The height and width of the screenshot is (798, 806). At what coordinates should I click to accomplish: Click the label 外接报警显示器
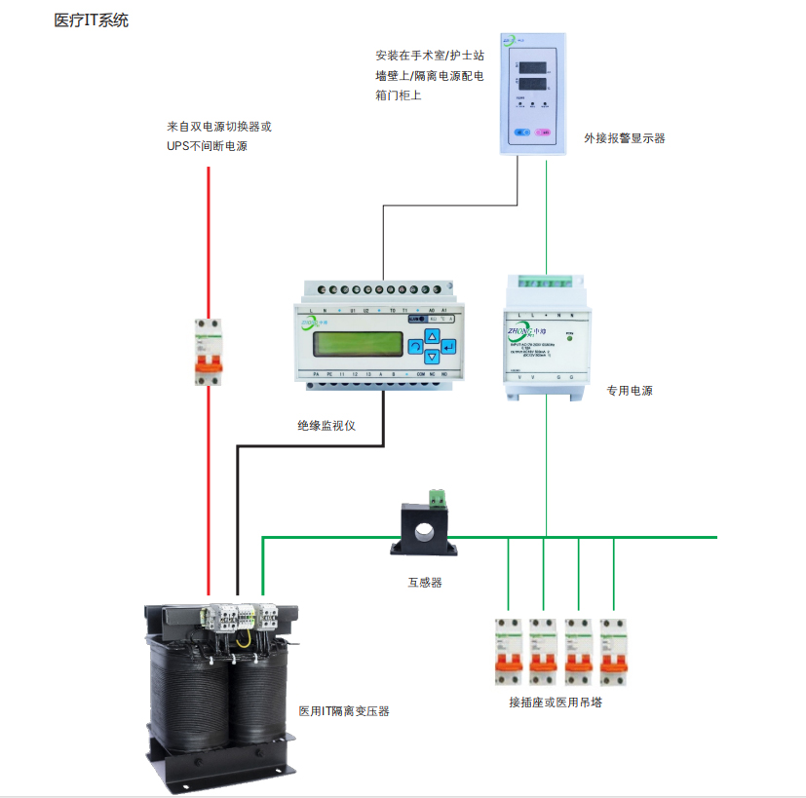(625, 138)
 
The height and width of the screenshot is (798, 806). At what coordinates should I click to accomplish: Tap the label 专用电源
(629, 391)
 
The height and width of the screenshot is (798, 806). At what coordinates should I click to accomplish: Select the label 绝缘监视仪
(326, 426)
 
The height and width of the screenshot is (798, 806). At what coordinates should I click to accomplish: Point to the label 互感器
(425, 583)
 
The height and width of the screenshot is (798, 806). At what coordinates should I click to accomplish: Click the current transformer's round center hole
(425, 533)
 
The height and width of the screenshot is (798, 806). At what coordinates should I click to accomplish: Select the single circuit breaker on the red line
(206, 352)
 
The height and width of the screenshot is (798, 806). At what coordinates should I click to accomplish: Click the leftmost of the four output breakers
(509, 651)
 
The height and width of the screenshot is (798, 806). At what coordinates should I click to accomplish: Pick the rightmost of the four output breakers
(613, 651)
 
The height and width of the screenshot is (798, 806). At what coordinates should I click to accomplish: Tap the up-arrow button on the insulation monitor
(433, 335)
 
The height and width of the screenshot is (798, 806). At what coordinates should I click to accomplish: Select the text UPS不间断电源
(207, 146)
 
